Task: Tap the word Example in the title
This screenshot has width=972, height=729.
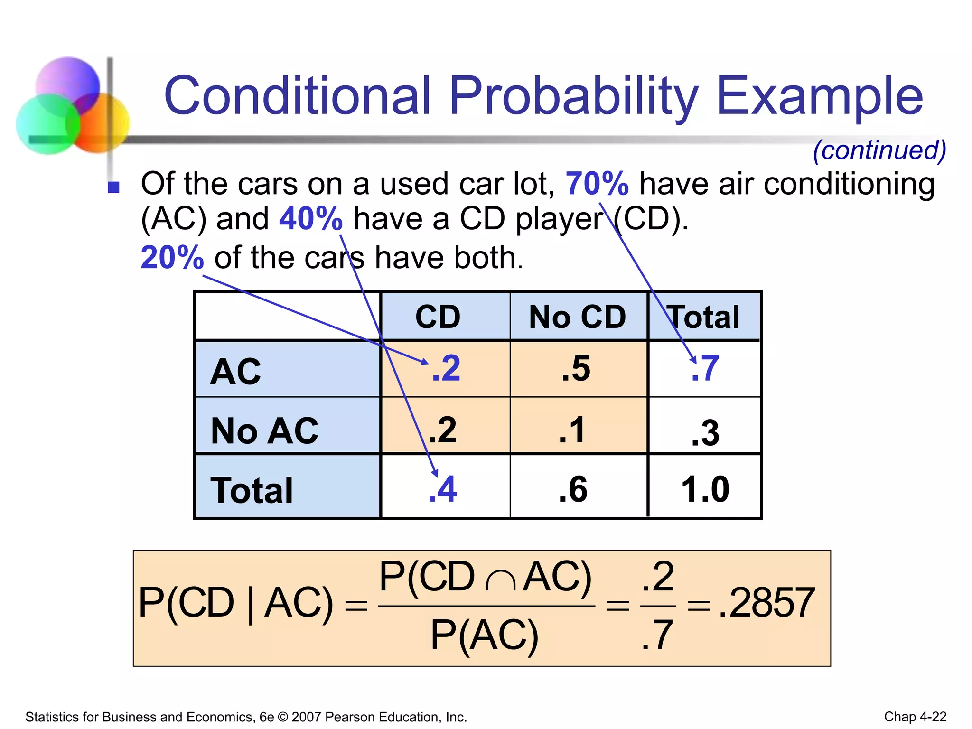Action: click(x=820, y=96)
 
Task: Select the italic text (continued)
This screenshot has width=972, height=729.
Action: click(x=879, y=150)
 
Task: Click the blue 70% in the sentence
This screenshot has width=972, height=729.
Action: click(x=597, y=184)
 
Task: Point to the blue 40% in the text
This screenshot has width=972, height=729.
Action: click(x=311, y=219)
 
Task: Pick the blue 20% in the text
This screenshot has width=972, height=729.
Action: click(x=172, y=258)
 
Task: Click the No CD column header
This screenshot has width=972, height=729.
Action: click(x=578, y=317)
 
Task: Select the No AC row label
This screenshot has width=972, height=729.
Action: click(x=264, y=430)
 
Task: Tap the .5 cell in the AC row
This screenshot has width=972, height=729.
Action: click(x=576, y=368)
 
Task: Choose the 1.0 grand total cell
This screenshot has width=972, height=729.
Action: click(x=705, y=489)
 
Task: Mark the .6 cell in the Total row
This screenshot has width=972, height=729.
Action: click(x=573, y=489)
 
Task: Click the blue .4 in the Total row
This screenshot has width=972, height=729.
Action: click(x=442, y=489)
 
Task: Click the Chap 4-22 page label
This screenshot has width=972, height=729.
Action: click(x=915, y=716)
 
